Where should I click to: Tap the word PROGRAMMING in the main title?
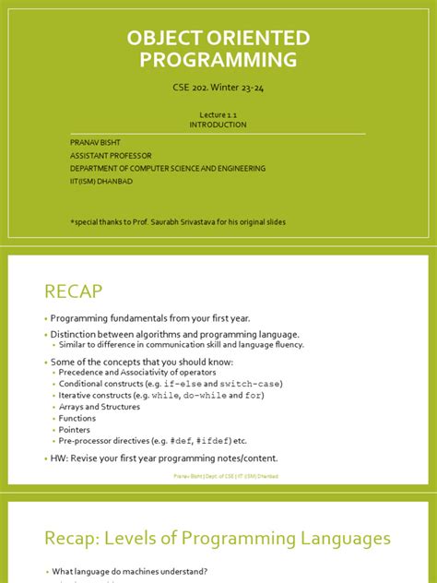[x=218, y=61]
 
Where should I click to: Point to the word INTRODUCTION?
[x=218, y=125]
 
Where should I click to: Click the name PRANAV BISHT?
[x=95, y=143]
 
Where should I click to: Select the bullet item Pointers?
[x=74, y=429]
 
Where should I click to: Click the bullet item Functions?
[x=77, y=418]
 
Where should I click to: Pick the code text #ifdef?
[x=207, y=441]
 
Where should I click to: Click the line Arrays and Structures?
[x=99, y=407]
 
